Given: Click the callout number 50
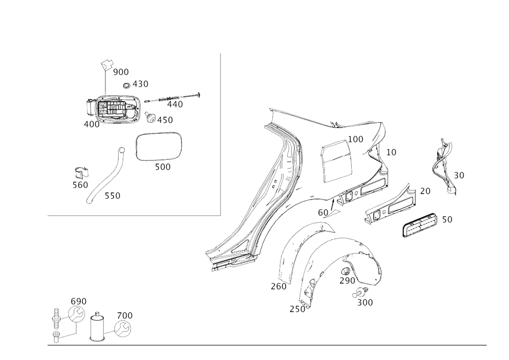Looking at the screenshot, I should pos(447,219).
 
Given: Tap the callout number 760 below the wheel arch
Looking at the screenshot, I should pos(278,287).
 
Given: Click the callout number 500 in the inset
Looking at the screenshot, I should pos(162,167).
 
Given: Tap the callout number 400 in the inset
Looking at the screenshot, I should pos(92,124).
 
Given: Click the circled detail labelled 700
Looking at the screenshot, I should pos(124,328).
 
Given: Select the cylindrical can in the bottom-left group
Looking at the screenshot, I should pos(96,327).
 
